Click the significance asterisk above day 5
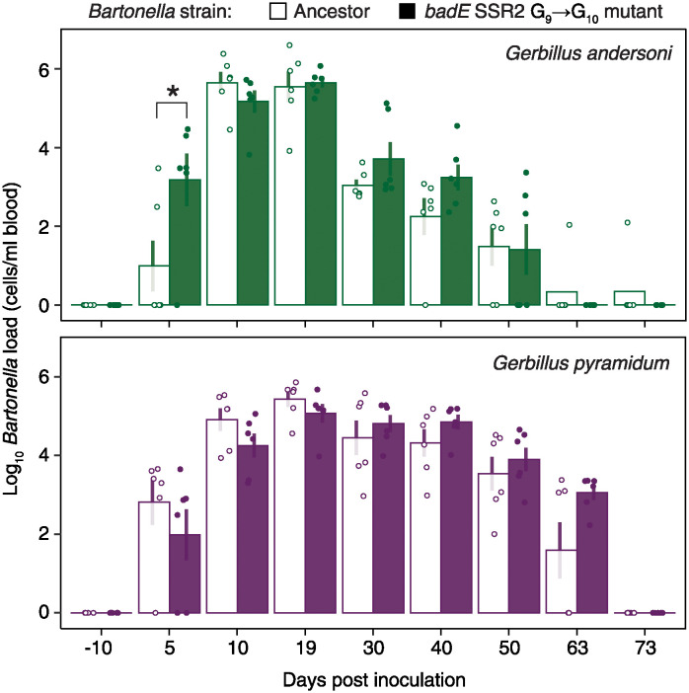[x=173, y=92]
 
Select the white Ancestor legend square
[x=277, y=12]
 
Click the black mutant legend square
[x=407, y=12]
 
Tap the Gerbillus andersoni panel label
[x=588, y=53]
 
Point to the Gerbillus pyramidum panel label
[x=580, y=363]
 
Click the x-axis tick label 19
[x=305, y=648]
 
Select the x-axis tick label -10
[x=98, y=648]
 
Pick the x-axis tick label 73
[x=645, y=648]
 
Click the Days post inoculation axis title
[x=374, y=680]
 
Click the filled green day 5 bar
[x=186, y=242]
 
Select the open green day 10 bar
[x=222, y=193]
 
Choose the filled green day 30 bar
[x=389, y=232]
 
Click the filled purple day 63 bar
[x=592, y=553]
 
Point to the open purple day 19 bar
[x=290, y=506]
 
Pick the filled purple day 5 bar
[x=186, y=574]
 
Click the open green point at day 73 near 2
[x=628, y=222]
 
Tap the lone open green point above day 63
[x=570, y=224]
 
